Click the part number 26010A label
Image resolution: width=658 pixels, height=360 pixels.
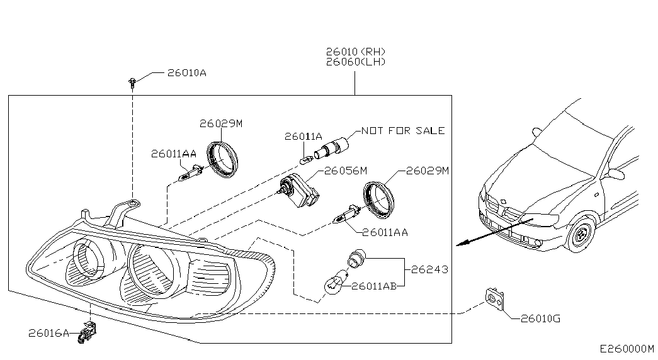pos(187,73)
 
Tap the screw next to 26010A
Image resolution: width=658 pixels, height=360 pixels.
pos(132,81)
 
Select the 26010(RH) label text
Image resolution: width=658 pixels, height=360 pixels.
pos(355,52)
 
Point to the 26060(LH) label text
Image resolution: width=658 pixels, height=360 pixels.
pos(355,62)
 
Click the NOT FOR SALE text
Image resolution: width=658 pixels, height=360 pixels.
pos(403,131)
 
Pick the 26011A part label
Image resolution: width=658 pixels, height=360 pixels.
pos(303,136)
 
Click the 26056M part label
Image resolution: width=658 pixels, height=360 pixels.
pos(345,171)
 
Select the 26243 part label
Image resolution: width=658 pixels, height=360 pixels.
pos(429,269)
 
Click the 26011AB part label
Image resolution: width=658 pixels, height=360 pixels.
pos(374,286)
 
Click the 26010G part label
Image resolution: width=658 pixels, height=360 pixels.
pos(540,318)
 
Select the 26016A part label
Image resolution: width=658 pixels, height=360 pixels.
pos(48,332)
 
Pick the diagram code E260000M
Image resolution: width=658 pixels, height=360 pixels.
pos(627,349)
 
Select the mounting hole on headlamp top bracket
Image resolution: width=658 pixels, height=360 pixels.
pos(132,203)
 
